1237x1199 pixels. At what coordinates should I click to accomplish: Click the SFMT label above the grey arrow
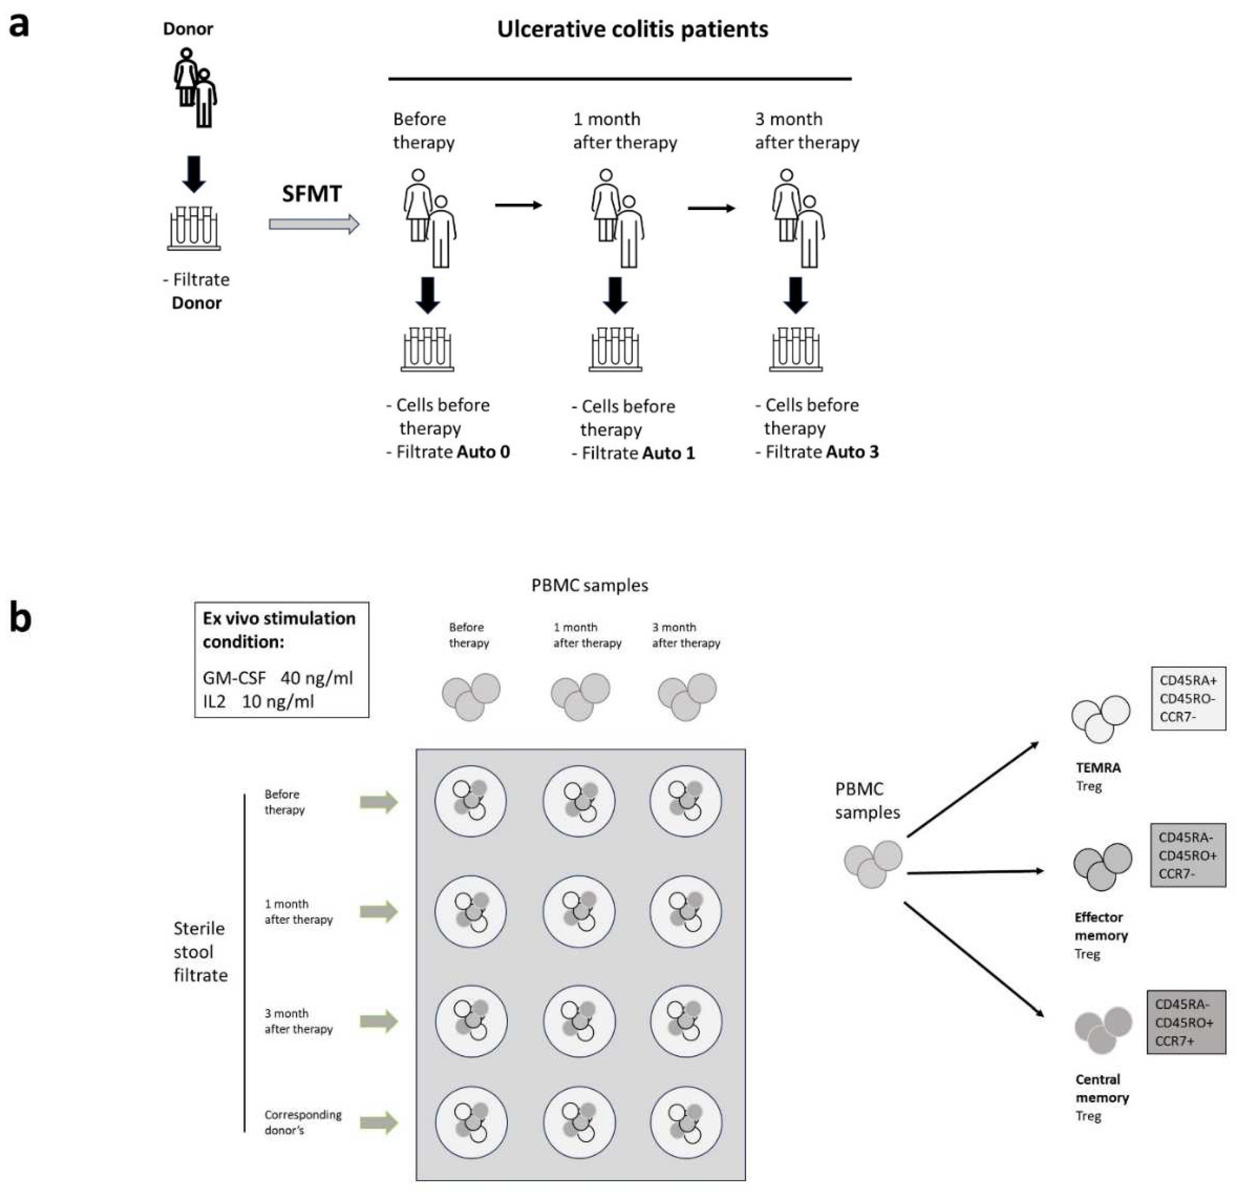[312, 193]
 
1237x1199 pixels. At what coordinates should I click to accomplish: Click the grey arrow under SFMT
[313, 224]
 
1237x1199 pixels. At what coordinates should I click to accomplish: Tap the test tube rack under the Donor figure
[194, 229]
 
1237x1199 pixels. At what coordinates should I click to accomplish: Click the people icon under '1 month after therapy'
[617, 218]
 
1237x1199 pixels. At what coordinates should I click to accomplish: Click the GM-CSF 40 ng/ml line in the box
[278, 678]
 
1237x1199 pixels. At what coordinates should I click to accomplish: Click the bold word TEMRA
[1098, 768]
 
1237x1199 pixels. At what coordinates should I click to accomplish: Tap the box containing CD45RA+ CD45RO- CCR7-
[1188, 698]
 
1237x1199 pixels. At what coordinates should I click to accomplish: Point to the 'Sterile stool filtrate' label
[200, 951]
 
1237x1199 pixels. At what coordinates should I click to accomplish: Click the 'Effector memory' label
[1100, 926]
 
